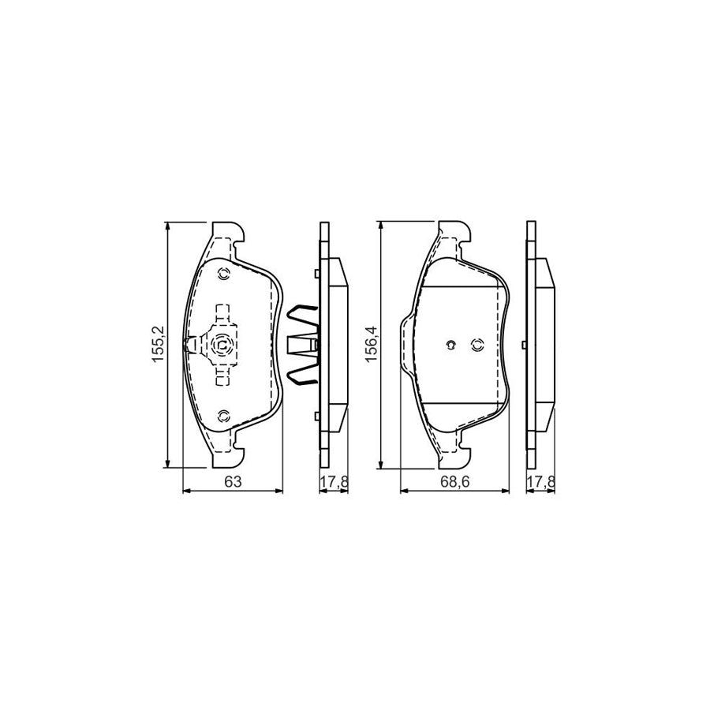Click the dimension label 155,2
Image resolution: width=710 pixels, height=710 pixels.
[x=157, y=345]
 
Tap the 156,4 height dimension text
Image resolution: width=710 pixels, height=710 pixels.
[x=372, y=345]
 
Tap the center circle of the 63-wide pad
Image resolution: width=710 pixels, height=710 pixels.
[x=222, y=344]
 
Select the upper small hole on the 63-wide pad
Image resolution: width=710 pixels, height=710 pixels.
[x=222, y=274]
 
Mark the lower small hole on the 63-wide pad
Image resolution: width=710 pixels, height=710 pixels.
[x=222, y=415]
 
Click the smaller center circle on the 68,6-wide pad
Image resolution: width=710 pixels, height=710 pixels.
[x=450, y=344]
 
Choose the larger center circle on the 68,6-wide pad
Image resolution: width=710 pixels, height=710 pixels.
[x=476, y=344]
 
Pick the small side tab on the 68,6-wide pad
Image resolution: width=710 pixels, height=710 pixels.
[x=523, y=345]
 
